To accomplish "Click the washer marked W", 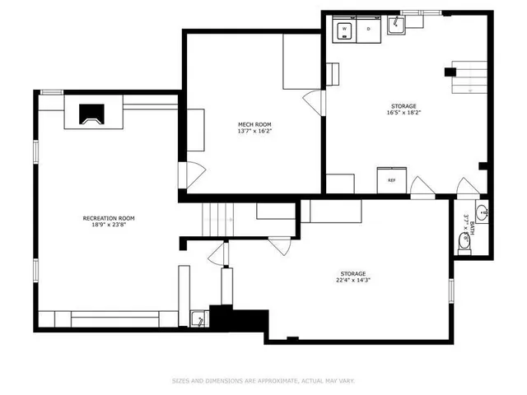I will coord(343,30).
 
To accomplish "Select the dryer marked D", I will coord(368,30).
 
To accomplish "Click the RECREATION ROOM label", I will coord(108,218).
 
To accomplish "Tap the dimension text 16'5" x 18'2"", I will coord(403,114).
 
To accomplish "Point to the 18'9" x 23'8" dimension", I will coord(108,225).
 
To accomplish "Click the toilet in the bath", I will coord(464,241).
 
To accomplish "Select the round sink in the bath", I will coord(486,213).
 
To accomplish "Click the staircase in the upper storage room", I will coord(472,81).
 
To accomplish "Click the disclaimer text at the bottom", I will coord(263,380).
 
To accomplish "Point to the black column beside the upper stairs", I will coord(450,72).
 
